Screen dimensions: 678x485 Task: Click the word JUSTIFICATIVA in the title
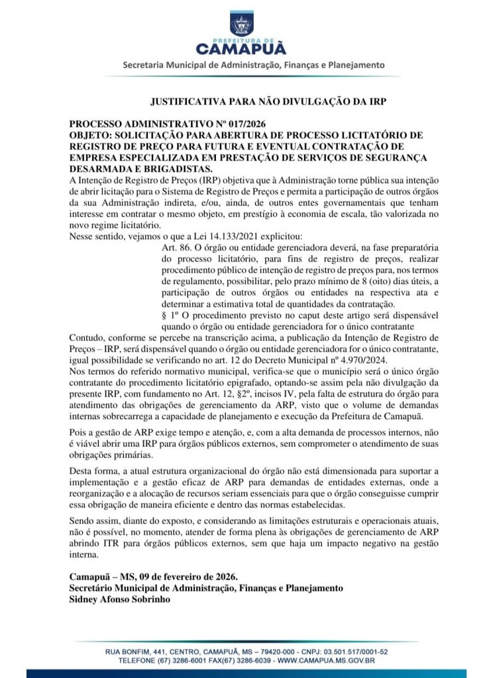click(x=187, y=103)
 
